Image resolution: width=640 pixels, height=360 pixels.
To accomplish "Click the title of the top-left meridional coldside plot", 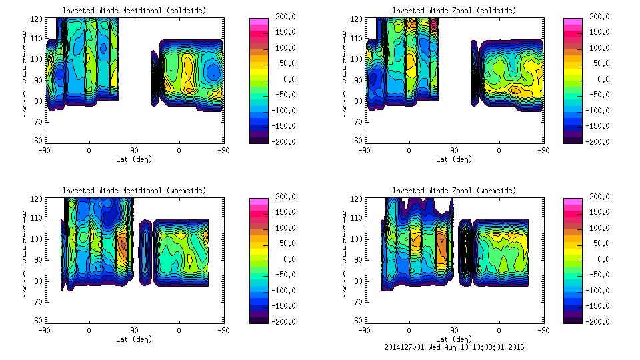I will point(133,10).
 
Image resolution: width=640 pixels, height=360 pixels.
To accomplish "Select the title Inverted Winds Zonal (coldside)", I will point(454,10).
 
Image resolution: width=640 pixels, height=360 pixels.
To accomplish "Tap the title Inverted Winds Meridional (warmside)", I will point(133,191).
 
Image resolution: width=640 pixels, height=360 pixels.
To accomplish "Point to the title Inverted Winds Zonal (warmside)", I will point(454,191).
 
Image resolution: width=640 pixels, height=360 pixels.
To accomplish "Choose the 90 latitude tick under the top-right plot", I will point(454,150).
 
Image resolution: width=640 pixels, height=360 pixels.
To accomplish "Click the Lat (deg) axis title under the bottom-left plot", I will point(133,339).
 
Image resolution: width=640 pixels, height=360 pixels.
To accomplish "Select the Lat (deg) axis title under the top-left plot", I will point(133,159).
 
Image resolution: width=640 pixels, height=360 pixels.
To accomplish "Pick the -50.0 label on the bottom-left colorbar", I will point(280,275).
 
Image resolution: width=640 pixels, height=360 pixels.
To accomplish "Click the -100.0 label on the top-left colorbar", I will point(280,111).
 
